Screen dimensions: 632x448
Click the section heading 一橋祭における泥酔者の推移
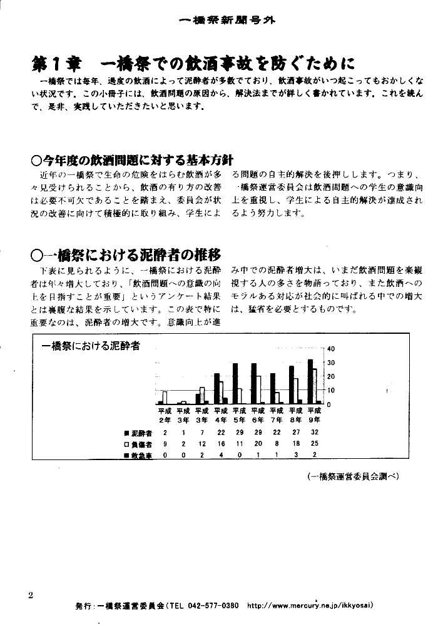click(125, 254)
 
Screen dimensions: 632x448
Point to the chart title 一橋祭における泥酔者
click(90, 345)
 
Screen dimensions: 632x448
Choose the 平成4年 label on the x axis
click(221, 415)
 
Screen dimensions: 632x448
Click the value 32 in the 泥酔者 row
click(315, 433)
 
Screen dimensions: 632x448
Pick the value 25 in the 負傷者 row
click(315, 444)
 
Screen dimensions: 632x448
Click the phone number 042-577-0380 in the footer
click(212, 606)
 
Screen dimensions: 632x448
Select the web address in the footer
click(311, 606)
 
